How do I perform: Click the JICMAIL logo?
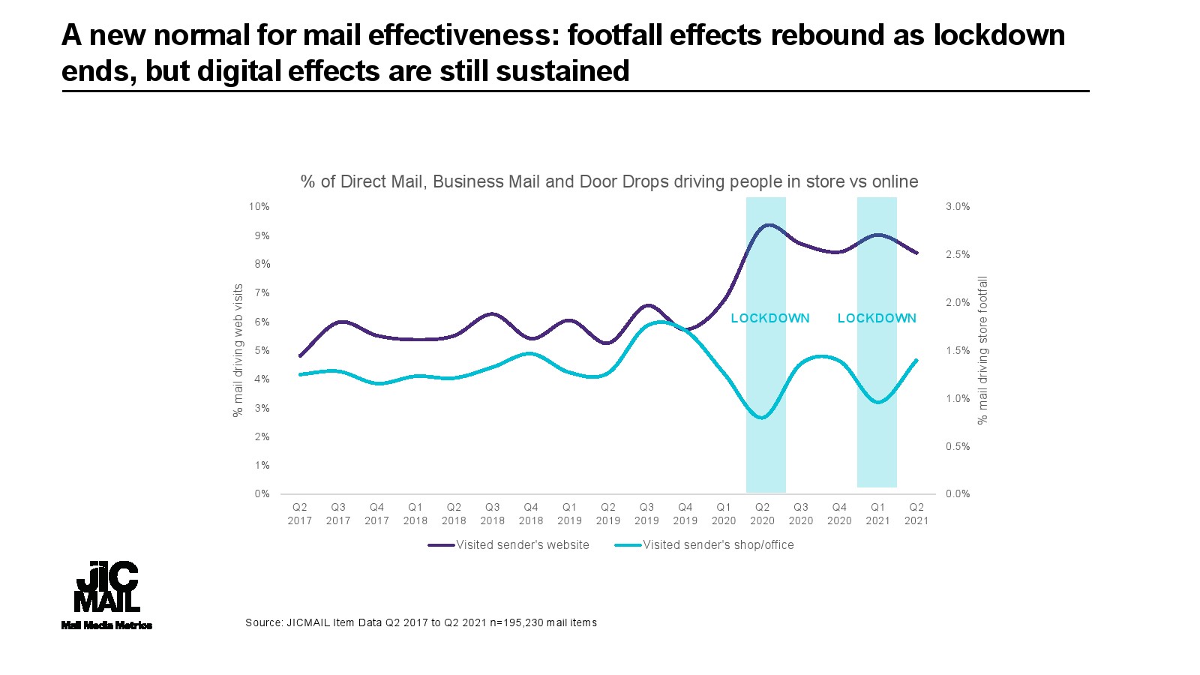[106, 592]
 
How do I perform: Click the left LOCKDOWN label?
[770, 318]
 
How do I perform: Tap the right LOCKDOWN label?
[877, 318]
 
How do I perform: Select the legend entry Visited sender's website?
[522, 545]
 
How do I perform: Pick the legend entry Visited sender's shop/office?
[718, 545]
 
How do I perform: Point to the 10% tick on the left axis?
[259, 206]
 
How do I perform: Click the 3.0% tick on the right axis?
[958, 206]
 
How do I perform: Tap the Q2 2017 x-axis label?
[299, 514]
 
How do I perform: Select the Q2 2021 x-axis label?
[916, 514]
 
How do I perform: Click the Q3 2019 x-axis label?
[646, 514]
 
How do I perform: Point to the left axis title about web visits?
[238, 350]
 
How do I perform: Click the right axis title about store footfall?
[982, 350]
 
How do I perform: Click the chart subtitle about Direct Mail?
[609, 181]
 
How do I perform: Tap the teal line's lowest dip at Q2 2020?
[763, 418]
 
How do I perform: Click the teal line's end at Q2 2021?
[916, 360]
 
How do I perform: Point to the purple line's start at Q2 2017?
[300, 356]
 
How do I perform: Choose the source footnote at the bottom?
[421, 622]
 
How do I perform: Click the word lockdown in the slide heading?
[999, 35]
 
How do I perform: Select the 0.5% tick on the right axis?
[958, 446]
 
